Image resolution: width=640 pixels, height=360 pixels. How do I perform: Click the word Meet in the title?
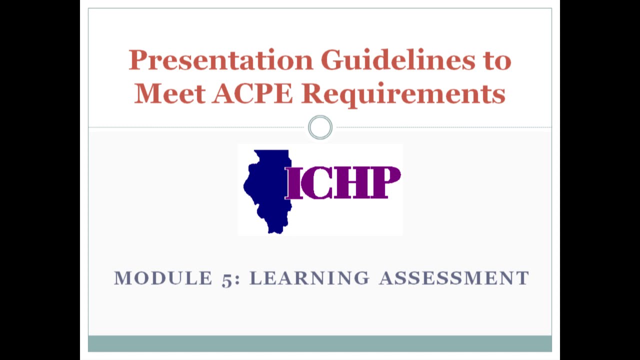(x=169, y=93)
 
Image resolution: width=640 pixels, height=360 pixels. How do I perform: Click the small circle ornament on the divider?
(x=320, y=127)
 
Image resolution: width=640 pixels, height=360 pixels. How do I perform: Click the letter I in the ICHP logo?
(x=294, y=183)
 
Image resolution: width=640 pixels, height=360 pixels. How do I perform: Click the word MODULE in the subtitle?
(x=163, y=278)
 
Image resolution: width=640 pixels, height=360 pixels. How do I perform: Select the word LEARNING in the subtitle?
(x=309, y=278)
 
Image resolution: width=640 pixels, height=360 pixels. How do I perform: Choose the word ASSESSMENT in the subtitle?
(x=454, y=278)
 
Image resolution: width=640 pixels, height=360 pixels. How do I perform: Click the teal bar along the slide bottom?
(x=320, y=343)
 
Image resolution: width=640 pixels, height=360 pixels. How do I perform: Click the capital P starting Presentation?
(x=137, y=60)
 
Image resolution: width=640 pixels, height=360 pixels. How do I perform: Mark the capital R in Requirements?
(x=312, y=93)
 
